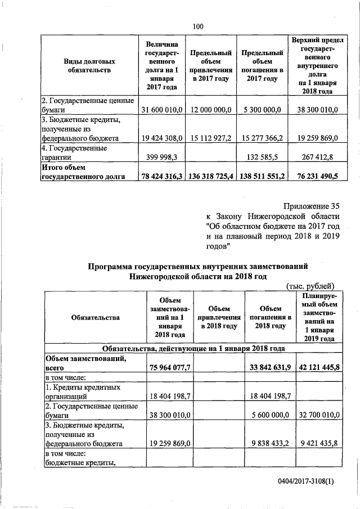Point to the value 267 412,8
(x=316, y=158)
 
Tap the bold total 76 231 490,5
(x=316, y=177)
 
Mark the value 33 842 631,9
(x=269, y=368)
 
